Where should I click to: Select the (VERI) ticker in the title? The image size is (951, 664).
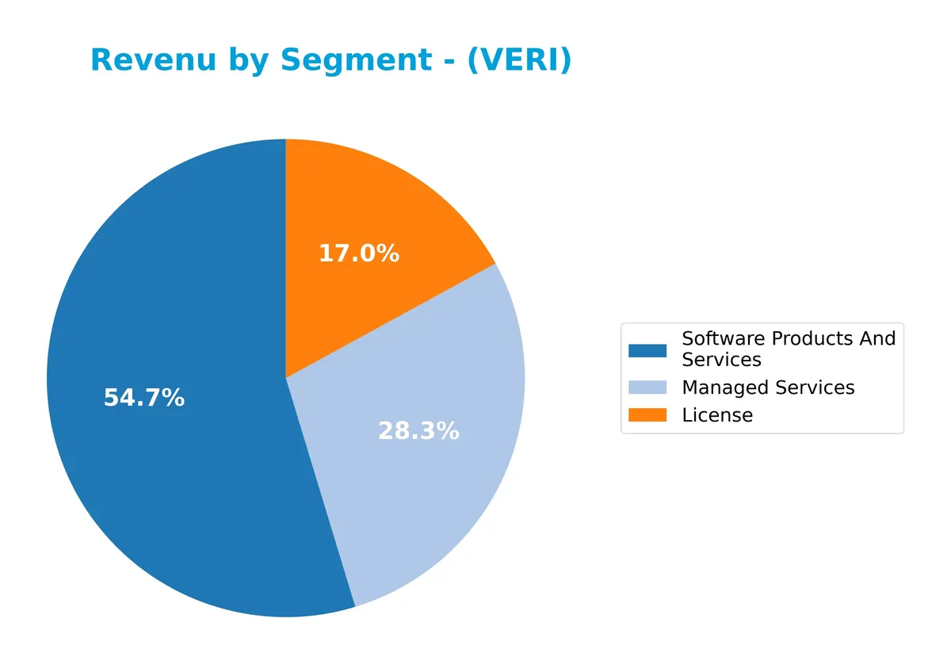(x=519, y=60)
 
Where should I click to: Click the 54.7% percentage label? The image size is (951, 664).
(x=144, y=398)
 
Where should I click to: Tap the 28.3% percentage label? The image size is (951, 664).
(x=418, y=431)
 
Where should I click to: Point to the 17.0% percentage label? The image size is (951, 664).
(x=359, y=254)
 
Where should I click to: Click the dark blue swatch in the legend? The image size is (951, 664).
(x=647, y=349)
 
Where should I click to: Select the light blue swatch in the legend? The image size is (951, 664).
(x=647, y=387)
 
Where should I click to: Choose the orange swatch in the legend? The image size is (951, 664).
(x=647, y=415)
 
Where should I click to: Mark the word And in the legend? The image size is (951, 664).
(x=877, y=338)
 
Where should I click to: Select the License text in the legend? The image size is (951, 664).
(x=717, y=415)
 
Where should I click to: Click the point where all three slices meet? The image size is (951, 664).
(x=285, y=378)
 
